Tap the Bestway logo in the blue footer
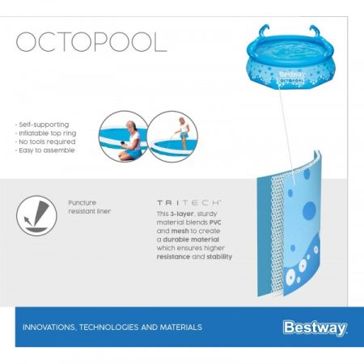click(315, 328)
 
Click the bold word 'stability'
click(217, 256)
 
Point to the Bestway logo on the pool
click(292, 72)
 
